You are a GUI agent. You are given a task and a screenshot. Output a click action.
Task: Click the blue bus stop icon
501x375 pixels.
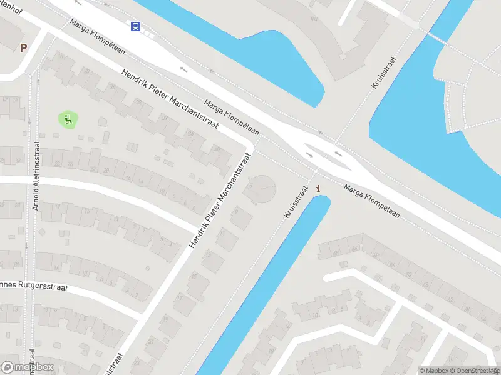pos(135,26)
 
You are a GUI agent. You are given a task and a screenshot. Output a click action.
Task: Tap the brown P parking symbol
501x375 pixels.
pos(24,47)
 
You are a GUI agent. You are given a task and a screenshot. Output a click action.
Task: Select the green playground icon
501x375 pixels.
pos(68,119)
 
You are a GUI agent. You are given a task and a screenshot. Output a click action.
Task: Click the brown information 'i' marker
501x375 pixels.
pos(320,189)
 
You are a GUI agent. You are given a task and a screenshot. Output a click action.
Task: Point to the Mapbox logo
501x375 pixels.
pos(27,367)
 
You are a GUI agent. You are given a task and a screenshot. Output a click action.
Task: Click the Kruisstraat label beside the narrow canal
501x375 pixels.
pos(296,201)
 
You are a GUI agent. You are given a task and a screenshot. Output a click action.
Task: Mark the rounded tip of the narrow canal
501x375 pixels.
pos(321,200)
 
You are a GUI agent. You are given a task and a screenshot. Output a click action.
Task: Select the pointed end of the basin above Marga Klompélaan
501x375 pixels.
pos(316,103)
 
